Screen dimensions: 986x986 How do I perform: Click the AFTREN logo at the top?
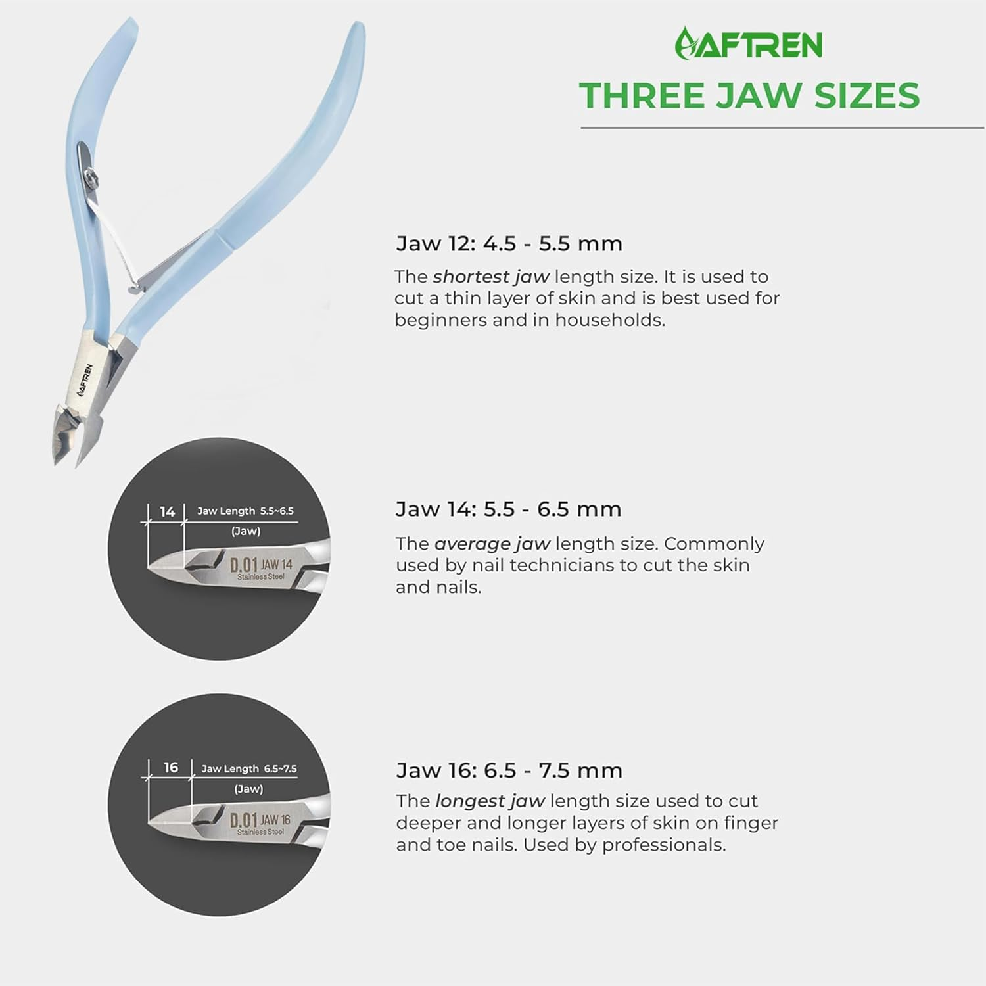pos(749,44)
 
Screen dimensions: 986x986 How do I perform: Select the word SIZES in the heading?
pos(867,96)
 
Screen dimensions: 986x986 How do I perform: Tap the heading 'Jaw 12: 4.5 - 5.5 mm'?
pos(509,244)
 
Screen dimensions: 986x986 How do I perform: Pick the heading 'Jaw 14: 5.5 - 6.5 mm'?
pos(508,509)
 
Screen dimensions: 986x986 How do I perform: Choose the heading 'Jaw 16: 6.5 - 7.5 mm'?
pos(509,770)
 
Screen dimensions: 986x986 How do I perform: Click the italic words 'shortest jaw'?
pos(490,277)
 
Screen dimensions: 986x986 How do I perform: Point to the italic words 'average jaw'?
pos(492,544)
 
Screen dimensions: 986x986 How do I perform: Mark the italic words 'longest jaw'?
pos(490,801)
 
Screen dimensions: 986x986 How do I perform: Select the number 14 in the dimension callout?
pos(167,512)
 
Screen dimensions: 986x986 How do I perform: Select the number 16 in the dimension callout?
pos(171,767)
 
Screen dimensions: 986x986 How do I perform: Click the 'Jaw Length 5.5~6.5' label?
pos(245,511)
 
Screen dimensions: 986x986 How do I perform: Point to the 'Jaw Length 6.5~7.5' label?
pos(249,768)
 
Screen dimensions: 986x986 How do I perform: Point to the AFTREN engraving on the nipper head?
pos(85,380)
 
